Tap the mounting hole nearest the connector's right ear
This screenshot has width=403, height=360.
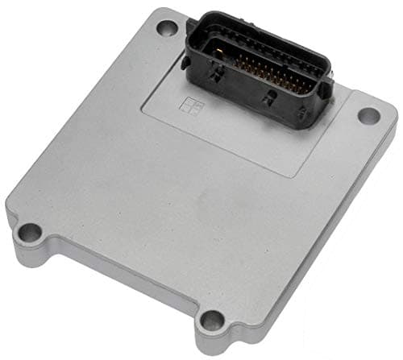point(368,115)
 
